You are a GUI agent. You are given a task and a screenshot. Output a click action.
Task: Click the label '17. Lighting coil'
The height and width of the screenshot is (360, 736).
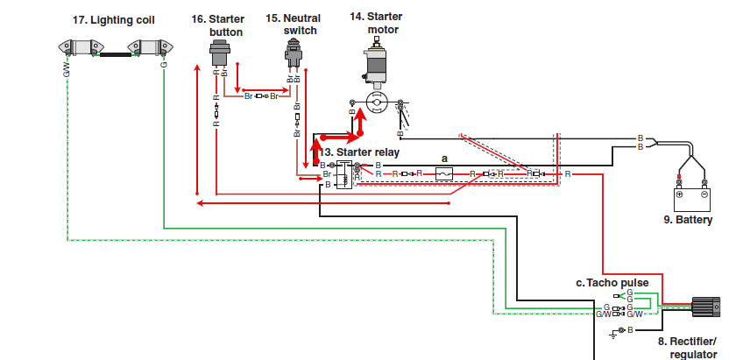click(x=113, y=20)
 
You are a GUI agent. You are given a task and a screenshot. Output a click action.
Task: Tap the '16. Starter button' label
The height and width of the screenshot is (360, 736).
click(x=218, y=25)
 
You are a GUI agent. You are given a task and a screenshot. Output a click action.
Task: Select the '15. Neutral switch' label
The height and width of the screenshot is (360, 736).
click(x=293, y=25)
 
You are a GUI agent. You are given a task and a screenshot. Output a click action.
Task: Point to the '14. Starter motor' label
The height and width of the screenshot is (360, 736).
click(x=376, y=23)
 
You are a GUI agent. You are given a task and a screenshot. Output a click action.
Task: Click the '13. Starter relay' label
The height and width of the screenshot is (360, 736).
click(x=359, y=152)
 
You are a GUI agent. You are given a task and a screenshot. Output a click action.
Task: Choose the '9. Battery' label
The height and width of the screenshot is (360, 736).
click(x=688, y=220)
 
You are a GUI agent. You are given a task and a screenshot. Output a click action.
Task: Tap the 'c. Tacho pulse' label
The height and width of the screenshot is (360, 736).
click(x=612, y=283)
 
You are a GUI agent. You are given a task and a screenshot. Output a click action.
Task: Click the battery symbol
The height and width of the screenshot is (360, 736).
click(x=691, y=200)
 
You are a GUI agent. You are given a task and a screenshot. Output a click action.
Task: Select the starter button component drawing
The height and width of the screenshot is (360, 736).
click(x=218, y=53)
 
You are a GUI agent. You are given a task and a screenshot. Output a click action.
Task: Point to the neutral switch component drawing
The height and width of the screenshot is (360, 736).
click(x=294, y=55)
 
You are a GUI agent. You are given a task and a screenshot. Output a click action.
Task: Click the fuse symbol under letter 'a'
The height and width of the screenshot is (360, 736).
click(x=444, y=174)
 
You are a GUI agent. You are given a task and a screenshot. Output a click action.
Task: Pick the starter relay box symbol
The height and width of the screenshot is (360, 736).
click(x=344, y=174)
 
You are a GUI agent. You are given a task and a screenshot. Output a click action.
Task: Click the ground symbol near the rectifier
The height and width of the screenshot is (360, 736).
click(x=613, y=335)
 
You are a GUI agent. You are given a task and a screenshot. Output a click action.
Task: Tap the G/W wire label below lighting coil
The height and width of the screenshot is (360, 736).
click(x=67, y=71)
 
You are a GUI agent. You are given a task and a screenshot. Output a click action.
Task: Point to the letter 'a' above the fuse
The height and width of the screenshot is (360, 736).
click(x=444, y=159)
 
